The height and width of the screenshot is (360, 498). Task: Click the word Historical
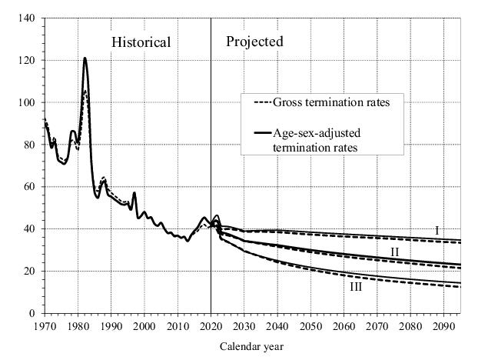tap(141, 42)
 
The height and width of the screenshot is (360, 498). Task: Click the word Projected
tap(254, 42)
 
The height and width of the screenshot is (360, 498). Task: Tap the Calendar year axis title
tap(251, 346)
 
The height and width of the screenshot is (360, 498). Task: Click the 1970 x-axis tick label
tap(45, 326)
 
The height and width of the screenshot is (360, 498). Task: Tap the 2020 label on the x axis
tap(211, 326)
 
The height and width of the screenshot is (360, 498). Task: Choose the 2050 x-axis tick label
tap(310, 326)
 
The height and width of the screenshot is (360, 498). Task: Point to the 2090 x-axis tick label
tap(443, 326)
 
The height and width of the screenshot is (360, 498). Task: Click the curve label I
tap(437, 230)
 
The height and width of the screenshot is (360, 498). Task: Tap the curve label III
tap(356, 287)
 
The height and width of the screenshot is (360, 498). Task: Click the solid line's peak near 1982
tap(85, 58)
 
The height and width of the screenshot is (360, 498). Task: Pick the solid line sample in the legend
tap(255, 134)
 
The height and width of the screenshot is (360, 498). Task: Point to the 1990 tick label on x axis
tap(111, 326)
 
